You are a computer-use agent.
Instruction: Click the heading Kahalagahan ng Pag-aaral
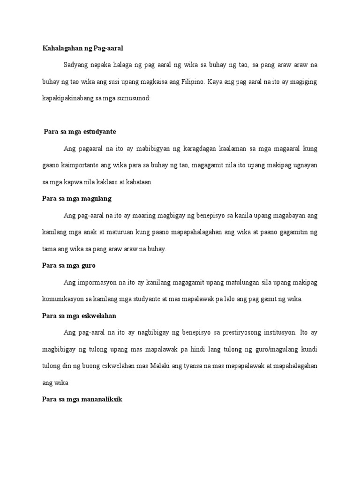tap(82, 48)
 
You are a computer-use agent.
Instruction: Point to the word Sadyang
tap(75, 65)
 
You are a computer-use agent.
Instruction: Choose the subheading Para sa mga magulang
tap(77, 199)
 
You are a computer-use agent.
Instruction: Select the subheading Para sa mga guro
tap(69, 266)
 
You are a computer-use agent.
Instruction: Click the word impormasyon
tap(97, 283)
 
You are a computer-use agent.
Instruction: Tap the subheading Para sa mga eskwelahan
tap(79, 316)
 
